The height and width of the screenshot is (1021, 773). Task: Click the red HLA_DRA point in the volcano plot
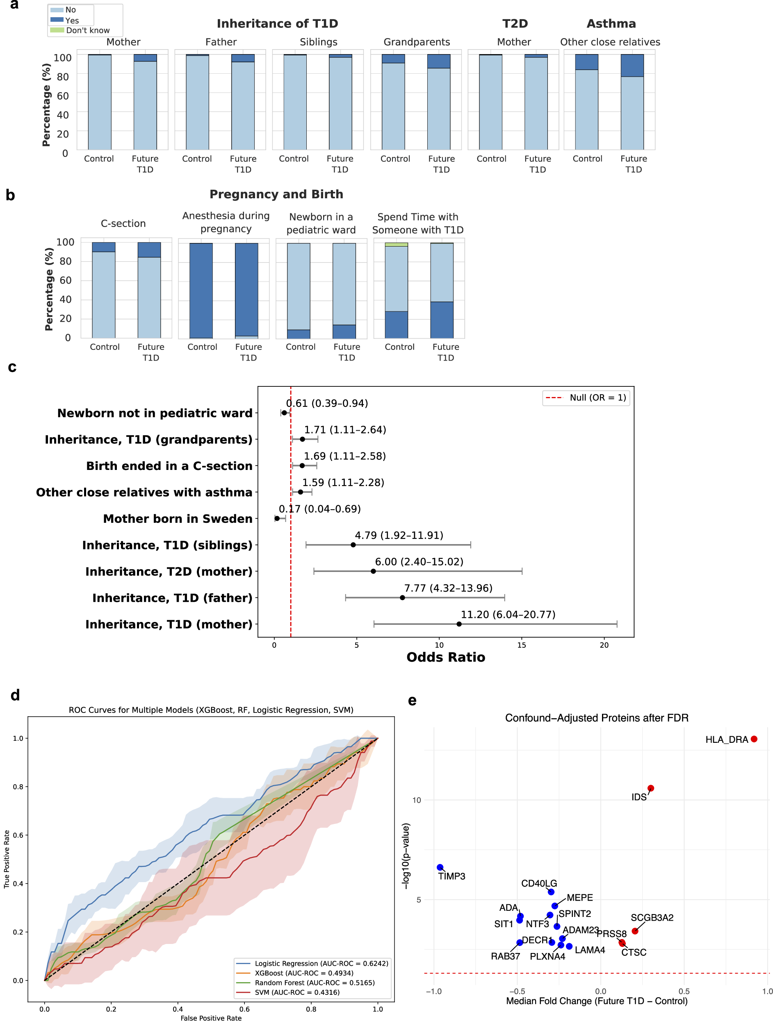click(754, 739)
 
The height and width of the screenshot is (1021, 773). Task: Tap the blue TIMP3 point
click(440, 867)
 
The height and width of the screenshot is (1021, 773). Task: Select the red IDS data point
click(650, 788)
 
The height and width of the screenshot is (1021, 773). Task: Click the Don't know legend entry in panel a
click(87, 30)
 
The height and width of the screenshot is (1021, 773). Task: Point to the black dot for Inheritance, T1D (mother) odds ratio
click(459, 624)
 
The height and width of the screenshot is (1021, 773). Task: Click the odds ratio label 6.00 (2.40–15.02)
click(419, 562)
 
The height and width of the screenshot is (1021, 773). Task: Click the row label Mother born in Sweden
click(178, 519)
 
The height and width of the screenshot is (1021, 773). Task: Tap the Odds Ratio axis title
click(445, 657)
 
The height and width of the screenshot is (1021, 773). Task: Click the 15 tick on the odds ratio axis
click(522, 645)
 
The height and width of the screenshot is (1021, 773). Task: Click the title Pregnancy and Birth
click(276, 194)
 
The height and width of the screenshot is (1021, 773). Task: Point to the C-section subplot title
click(123, 223)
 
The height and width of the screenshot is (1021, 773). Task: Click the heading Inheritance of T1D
click(277, 23)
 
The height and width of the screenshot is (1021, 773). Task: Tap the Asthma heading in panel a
click(611, 23)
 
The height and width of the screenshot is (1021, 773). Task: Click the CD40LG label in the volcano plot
click(539, 883)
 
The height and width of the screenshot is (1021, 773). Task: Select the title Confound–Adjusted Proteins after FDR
click(597, 718)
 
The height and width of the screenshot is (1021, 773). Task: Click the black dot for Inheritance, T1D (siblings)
click(353, 545)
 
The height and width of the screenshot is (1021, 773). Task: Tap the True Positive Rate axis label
click(7, 859)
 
